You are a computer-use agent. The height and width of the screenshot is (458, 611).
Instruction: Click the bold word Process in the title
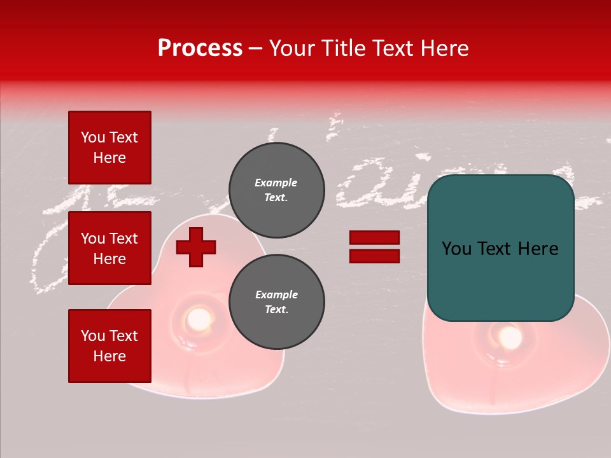tap(200, 48)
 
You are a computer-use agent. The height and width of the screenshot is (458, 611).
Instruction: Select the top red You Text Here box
tap(109, 148)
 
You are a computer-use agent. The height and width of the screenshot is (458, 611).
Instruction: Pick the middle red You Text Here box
tap(109, 248)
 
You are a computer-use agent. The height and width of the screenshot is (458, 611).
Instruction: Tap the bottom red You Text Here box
tap(109, 345)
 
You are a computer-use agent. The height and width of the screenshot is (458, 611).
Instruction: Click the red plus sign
tap(196, 247)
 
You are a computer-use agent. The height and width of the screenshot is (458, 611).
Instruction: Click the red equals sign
tap(374, 247)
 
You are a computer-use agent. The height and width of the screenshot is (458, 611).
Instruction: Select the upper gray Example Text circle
tap(276, 190)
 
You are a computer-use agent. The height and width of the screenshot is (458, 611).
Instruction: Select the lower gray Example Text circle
tap(276, 302)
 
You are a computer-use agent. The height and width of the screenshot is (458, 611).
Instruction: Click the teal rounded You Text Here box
tap(500, 248)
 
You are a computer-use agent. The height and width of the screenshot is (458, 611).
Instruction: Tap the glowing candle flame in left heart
tap(199, 317)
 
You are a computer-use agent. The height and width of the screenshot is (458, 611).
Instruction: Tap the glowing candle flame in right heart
tap(509, 338)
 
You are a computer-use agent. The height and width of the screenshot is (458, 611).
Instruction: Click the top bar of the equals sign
tap(374, 238)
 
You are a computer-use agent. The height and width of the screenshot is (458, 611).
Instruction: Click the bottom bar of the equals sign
tap(374, 256)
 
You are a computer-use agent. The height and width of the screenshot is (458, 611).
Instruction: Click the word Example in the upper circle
tap(276, 183)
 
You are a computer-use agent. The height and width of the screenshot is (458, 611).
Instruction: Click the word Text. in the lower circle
tap(276, 310)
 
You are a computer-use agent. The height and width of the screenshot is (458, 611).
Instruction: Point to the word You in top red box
tap(93, 137)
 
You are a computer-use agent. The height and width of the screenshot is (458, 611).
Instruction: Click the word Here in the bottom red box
tap(109, 356)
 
